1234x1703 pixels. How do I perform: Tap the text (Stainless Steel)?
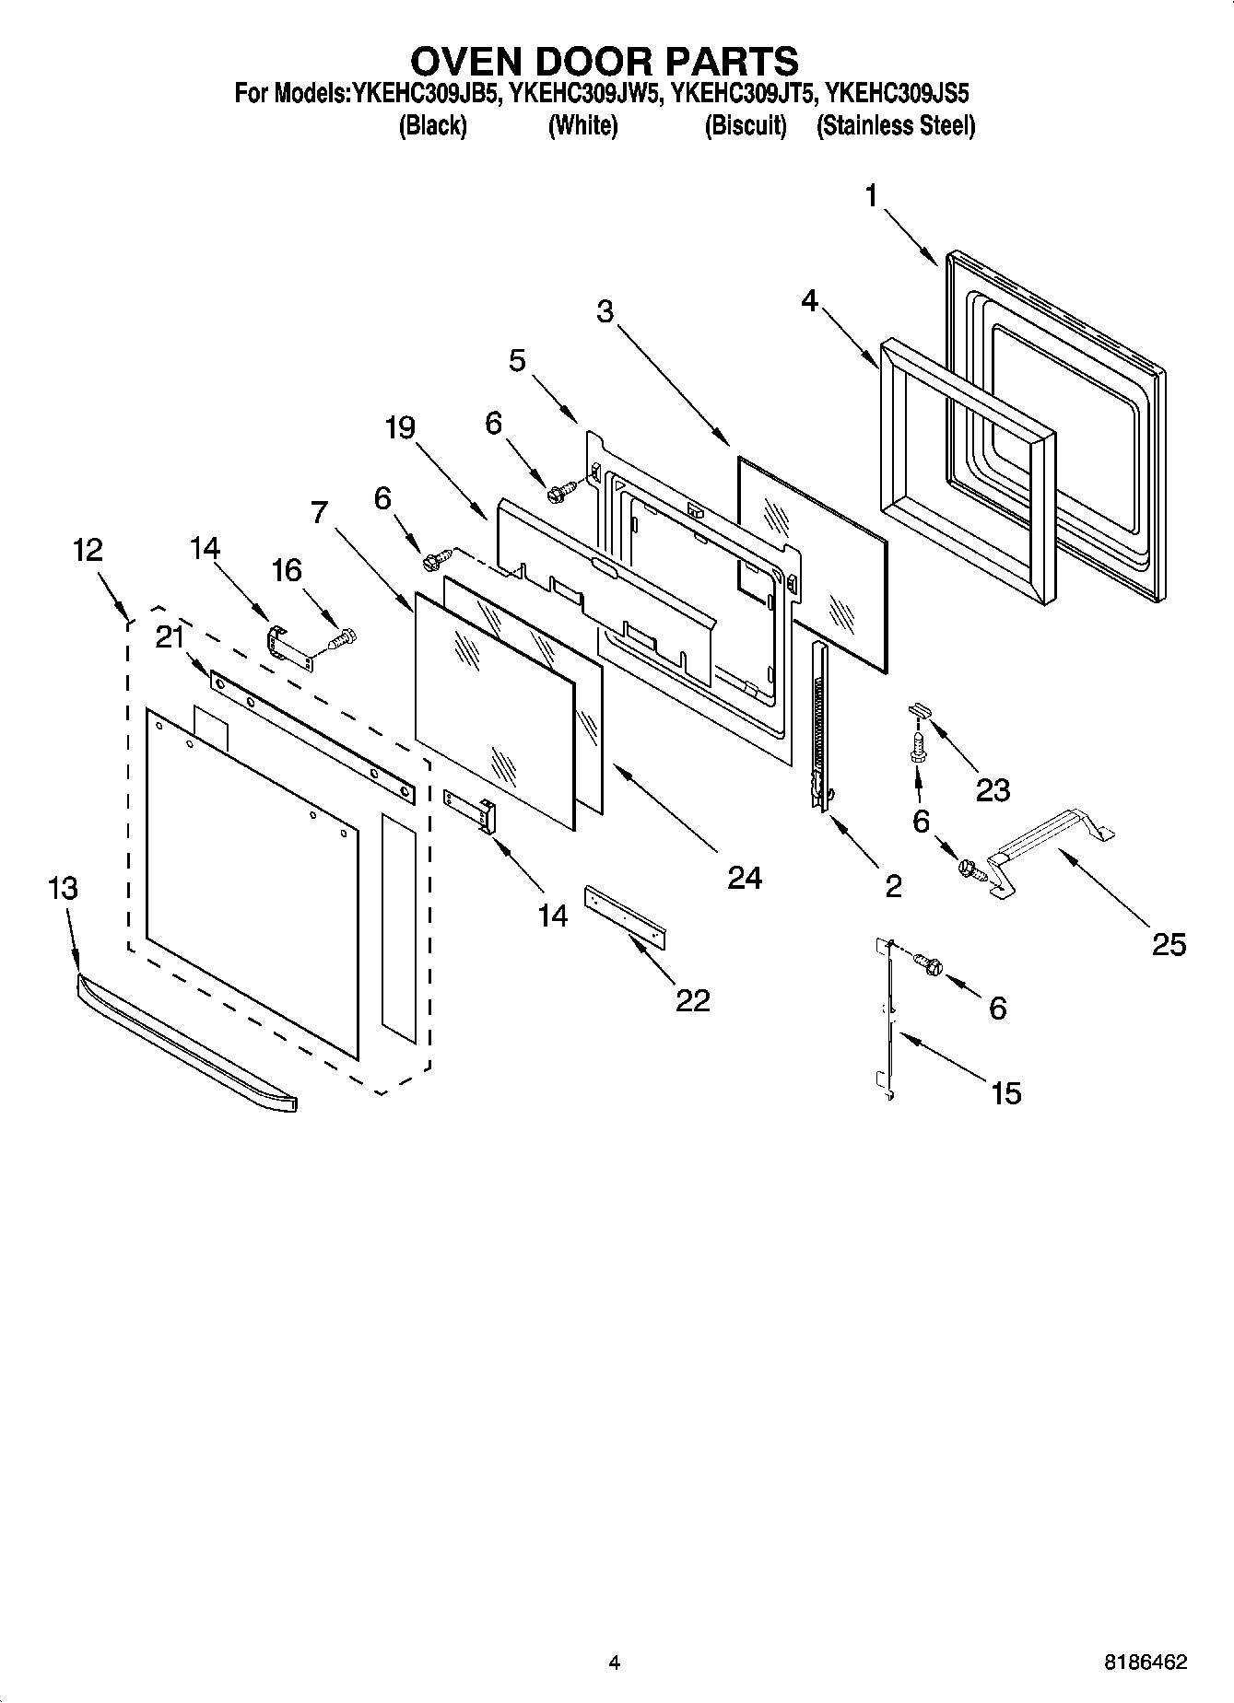coord(896,125)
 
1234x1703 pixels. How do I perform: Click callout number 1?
coord(871,196)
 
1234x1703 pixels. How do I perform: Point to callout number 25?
coord(1168,944)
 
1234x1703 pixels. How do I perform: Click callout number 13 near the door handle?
coord(64,889)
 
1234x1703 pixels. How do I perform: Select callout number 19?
coord(401,428)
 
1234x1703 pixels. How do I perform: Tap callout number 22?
coord(693,1000)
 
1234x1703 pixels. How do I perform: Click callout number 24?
coord(745,878)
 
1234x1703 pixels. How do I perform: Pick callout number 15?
coord(1005,1093)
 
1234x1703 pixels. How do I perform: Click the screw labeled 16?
coord(343,636)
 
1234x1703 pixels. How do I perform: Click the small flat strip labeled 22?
coord(626,914)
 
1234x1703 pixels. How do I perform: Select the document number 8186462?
coord(1146,1662)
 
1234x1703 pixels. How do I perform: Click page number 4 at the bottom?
coord(615,1662)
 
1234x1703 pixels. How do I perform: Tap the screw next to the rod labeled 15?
coord(929,963)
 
